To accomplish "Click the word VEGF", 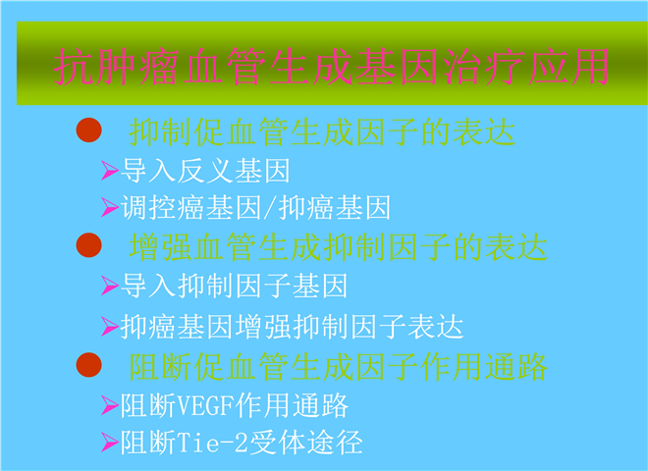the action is click(206, 405).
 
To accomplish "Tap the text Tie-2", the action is click(213, 443).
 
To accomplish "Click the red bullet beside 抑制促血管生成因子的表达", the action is click(88, 131).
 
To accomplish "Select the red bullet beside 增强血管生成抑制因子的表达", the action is click(88, 245).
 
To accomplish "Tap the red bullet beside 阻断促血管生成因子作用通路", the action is click(88, 365).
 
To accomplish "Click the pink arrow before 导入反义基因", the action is click(110, 170).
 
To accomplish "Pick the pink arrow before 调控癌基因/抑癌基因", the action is click(110, 207).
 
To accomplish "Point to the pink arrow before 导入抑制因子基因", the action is click(110, 286).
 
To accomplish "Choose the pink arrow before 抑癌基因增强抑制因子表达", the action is click(110, 327).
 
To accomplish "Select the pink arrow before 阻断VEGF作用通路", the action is click(110, 405).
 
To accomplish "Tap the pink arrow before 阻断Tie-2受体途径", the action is click(110, 443).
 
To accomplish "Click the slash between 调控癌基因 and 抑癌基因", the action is click(270, 207).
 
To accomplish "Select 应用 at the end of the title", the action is click(568, 67).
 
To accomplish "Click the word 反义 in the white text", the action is click(205, 170).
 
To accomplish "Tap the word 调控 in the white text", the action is click(147, 207).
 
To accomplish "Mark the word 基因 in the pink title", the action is click(397, 67).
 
